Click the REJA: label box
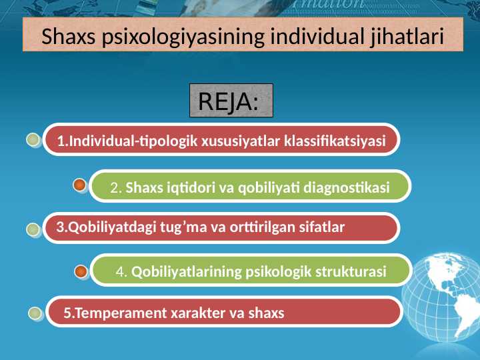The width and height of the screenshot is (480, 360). (231, 102)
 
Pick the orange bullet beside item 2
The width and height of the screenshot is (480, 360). (79, 184)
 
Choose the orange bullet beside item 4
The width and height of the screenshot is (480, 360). (81, 271)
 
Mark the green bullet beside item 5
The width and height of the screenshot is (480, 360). (35, 313)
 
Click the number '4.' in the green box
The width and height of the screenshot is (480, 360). (122, 272)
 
